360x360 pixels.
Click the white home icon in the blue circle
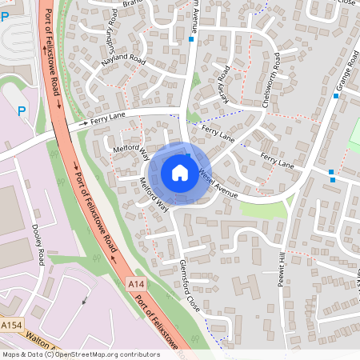(x=180, y=172)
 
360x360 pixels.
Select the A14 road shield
(x=136, y=283)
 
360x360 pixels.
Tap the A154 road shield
(x=11, y=326)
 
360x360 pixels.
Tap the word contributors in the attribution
(x=139, y=354)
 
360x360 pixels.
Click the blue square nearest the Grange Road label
(x=336, y=96)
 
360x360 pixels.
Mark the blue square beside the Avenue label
(x=191, y=38)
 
